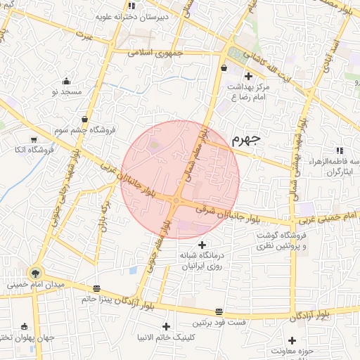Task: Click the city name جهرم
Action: tap(245, 139)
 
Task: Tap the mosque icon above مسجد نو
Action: tap(67, 81)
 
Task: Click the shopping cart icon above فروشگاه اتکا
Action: tap(34, 139)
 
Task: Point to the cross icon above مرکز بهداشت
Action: tap(247, 76)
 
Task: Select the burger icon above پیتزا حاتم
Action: tap(96, 288)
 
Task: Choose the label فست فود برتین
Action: tap(219, 321)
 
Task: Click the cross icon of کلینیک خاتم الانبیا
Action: tap(167, 327)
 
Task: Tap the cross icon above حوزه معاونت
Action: tap(292, 340)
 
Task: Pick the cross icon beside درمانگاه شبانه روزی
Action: tap(202, 245)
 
